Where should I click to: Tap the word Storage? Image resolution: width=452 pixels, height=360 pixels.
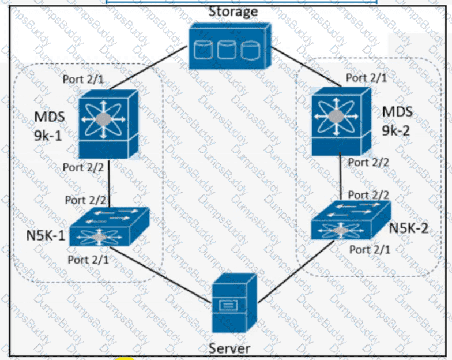pos(233,12)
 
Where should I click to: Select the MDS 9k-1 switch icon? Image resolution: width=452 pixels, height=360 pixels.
pos(108,123)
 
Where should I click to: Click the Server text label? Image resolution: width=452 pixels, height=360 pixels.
pos(229,348)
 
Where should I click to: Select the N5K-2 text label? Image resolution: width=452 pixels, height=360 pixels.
pos(409,227)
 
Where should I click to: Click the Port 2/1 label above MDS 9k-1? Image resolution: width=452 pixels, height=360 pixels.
pos(84,78)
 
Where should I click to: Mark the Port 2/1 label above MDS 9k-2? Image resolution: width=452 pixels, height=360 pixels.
pos(366,77)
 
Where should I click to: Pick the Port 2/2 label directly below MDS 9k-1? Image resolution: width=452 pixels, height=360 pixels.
pos(83,168)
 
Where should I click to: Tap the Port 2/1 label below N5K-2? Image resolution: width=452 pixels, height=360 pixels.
pos(370,249)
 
